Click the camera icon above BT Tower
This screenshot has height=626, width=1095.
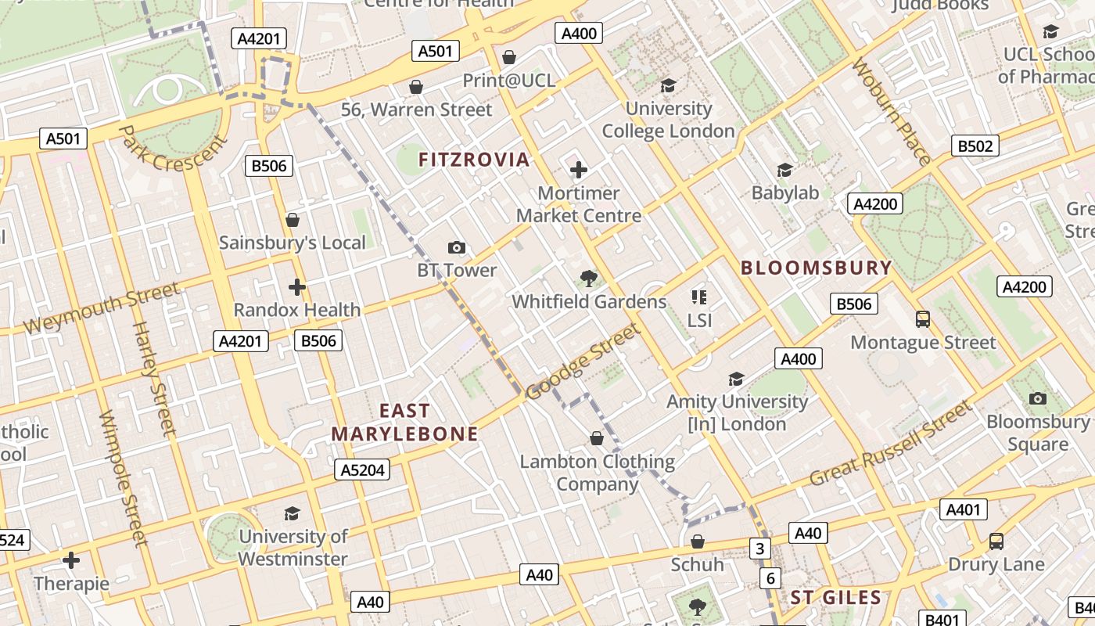(x=457, y=248)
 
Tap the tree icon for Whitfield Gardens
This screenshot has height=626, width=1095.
(x=589, y=279)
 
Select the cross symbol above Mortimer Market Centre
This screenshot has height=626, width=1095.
(x=579, y=170)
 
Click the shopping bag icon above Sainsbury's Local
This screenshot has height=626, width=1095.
(x=293, y=220)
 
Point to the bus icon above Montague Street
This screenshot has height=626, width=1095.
(x=923, y=319)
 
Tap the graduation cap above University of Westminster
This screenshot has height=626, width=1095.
(x=293, y=513)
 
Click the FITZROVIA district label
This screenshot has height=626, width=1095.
(x=474, y=160)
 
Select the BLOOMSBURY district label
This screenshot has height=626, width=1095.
(x=816, y=268)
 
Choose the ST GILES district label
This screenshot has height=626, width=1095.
(x=835, y=598)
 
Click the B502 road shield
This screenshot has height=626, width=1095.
(x=975, y=146)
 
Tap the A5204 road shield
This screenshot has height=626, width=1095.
(x=363, y=469)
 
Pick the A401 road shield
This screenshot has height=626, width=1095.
(x=963, y=510)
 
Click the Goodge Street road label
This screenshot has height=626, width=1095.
(x=583, y=362)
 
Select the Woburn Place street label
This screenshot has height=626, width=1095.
(x=892, y=111)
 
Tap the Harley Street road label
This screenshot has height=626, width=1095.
(x=154, y=378)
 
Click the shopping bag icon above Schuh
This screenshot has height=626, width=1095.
(x=698, y=541)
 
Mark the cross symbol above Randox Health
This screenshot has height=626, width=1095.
(x=297, y=287)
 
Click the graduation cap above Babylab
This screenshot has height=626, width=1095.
(x=784, y=170)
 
